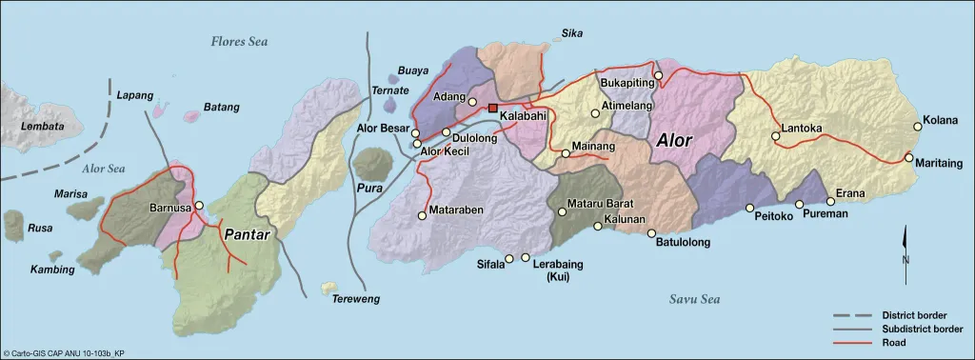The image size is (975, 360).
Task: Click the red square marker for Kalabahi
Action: pyautogui.click(x=492, y=109)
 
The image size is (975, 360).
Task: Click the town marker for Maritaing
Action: pyautogui.click(x=909, y=157)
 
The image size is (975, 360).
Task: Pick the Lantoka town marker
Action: pyautogui.click(x=775, y=137)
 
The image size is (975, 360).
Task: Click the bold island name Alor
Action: pyautogui.click(x=675, y=140)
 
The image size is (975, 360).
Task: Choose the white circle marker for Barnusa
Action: pyautogui.click(x=199, y=206)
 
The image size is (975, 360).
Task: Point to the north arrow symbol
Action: pyautogui.click(x=905, y=247)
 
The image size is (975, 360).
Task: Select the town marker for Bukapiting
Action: pyautogui.click(x=657, y=74)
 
